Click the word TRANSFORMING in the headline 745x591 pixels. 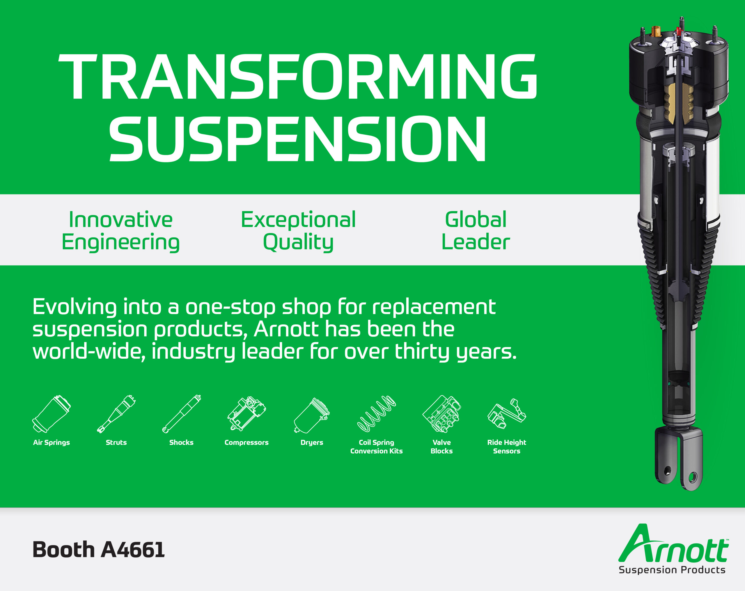pos(298,77)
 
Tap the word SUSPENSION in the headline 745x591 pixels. pos(298,139)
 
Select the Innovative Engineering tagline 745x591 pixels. pos(120,231)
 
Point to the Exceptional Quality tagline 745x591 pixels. pos(298,231)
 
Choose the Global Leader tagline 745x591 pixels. pos(476,231)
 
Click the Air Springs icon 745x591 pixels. pos(51,414)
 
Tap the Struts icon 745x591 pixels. pos(116,414)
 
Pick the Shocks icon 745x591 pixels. pos(181,414)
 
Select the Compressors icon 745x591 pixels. pos(246,413)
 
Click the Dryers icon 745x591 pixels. pos(312,415)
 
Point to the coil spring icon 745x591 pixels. pos(376,413)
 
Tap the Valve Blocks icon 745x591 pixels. pos(441,414)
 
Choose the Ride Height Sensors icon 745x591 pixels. pos(507,413)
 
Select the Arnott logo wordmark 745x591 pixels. pos(673,543)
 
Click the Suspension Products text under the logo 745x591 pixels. pos(672,570)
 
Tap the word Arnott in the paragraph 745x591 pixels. pos(286,329)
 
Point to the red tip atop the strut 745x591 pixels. pos(678,31)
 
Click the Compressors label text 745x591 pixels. pos(246,443)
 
